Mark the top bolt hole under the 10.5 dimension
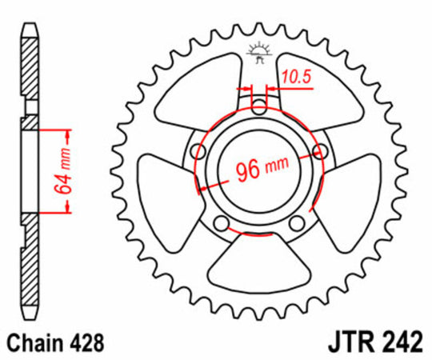coord(258,105)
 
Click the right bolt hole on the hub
coord(322,151)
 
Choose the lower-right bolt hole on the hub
coord(298,222)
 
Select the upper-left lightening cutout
coord(200,88)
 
